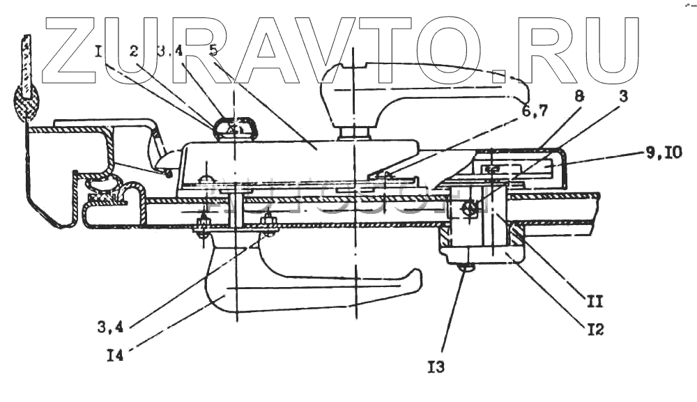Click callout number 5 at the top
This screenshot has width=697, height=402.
pos(214,51)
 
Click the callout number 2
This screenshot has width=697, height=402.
pos(134,51)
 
